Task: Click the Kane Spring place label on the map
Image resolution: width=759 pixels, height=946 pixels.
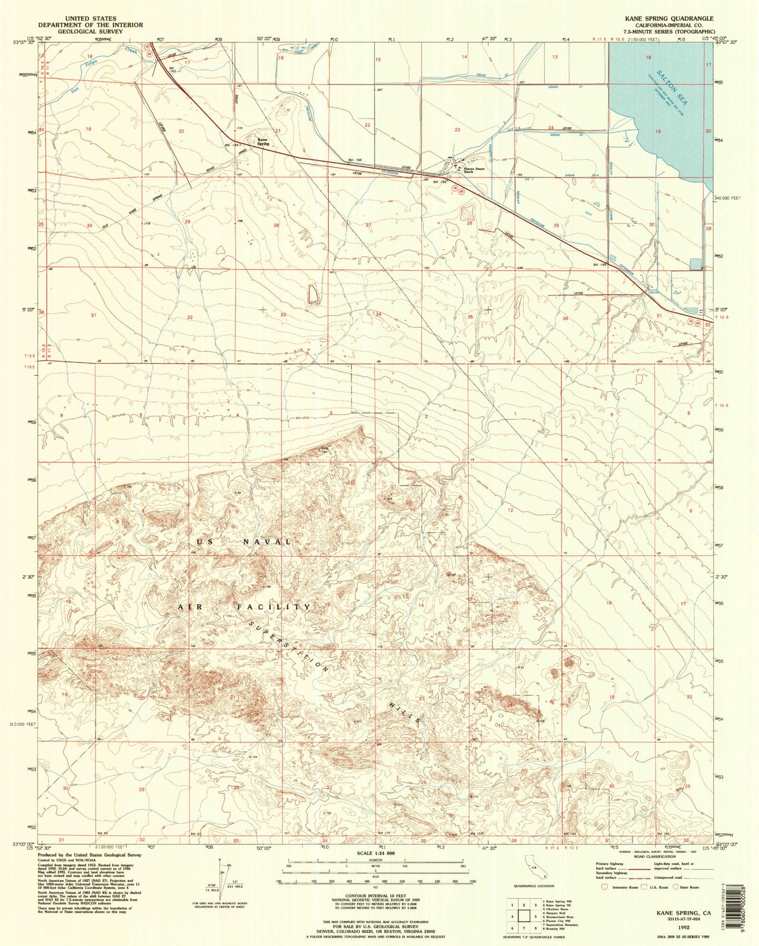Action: tap(263, 141)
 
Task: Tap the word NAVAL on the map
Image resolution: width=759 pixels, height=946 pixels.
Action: tap(266, 541)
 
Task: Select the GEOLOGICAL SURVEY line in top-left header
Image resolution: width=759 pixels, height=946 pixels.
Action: tap(90, 31)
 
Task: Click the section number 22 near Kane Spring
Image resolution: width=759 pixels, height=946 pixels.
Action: tap(368, 125)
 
